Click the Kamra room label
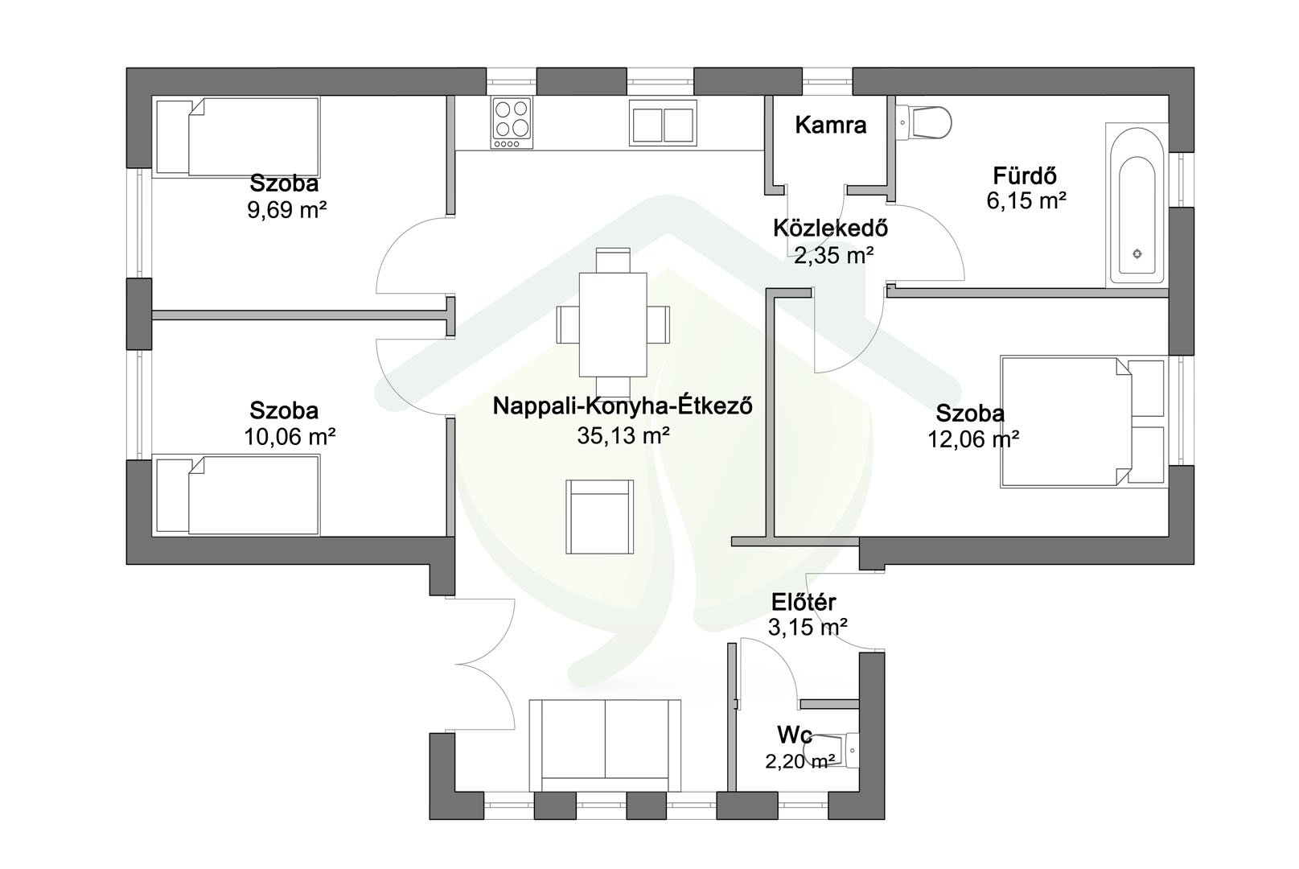tap(830, 125)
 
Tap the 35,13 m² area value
tap(623, 435)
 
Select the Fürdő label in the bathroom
tap(1025, 175)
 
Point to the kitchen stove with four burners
tap(512, 123)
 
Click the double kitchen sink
tap(663, 123)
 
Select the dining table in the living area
tap(613, 325)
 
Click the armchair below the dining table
tap(599, 517)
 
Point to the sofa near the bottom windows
tap(605, 745)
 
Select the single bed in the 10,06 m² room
tap(238, 496)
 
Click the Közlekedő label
tap(830, 229)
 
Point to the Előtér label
tap(804, 602)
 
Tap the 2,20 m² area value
tap(800, 760)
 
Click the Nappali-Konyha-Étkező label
tap(623, 406)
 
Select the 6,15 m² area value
tap(1026, 200)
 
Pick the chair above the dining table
tap(613, 260)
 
